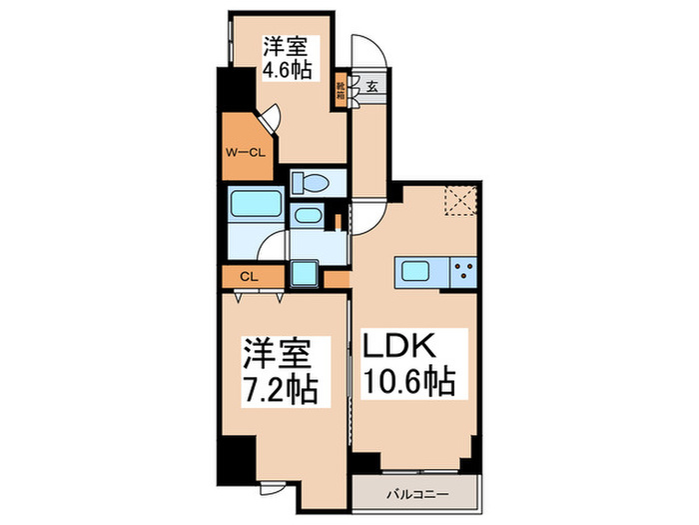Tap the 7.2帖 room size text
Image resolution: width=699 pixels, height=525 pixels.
(x=283, y=386)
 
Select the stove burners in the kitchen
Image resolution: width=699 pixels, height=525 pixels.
(x=463, y=270)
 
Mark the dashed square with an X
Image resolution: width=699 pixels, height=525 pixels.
(x=459, y=202)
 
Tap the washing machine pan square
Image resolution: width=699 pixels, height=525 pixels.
(x=304, y=273)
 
